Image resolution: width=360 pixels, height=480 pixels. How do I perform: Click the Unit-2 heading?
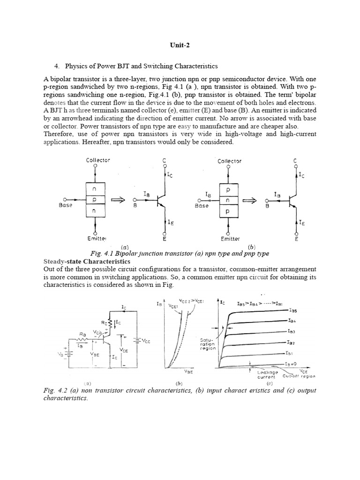(180, 45)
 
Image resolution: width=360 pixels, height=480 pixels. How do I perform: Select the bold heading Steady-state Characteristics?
(87, 261)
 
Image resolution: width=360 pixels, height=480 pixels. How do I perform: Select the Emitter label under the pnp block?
(229, 239)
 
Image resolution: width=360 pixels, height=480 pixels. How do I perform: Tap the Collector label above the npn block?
(98, 160)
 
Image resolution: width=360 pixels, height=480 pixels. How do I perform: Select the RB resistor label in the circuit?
(83, 334)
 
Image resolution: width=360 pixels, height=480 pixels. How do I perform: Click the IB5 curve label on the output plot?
(294, 310)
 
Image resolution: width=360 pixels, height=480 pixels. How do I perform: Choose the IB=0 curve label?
(292, 364)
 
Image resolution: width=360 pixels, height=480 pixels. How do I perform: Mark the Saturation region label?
(208, 344)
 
